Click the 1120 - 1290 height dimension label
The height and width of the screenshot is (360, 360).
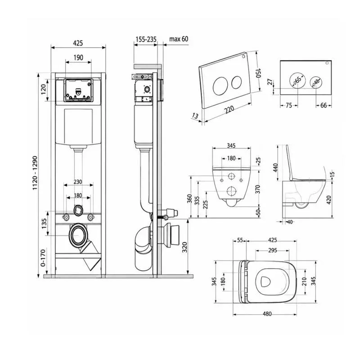pyautogui.click(x=35, y=173)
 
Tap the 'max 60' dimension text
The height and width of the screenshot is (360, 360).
pyautogui.click(x=179, y=39)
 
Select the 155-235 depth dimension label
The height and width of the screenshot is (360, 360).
pyautogui.click(x=146, y=39)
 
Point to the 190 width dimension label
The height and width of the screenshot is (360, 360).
pyautogui.click(x=78, y=58)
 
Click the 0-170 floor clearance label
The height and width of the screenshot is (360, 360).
pyautogui.click(x=43, y=258)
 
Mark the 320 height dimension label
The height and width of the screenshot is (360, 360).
pyautogui.click(x=184, y=247)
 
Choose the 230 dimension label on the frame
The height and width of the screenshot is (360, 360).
pyautogui.click(x=78, y=182)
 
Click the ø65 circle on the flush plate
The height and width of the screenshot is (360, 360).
pyautogui.click(x=297, y=81)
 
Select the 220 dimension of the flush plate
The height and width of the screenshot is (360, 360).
pyautogui.click(x=229, y=110)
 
